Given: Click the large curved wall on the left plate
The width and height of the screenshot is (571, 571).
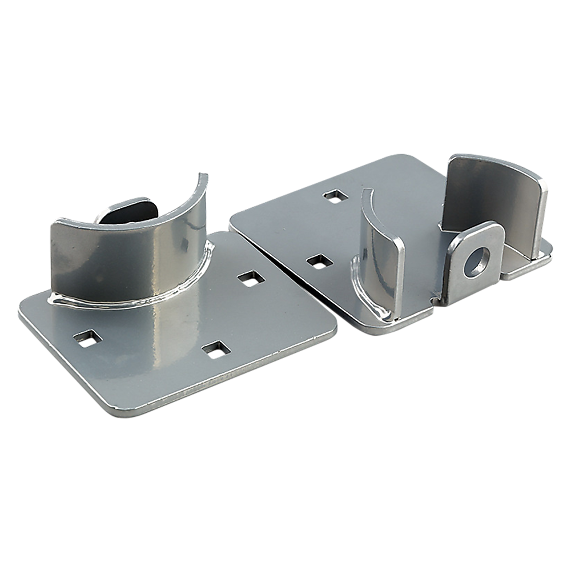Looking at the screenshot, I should pyautogui.click(x=131, y=251).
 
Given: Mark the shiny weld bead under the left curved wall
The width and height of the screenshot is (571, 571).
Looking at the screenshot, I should pyautogui.click(x=131, y=299).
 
